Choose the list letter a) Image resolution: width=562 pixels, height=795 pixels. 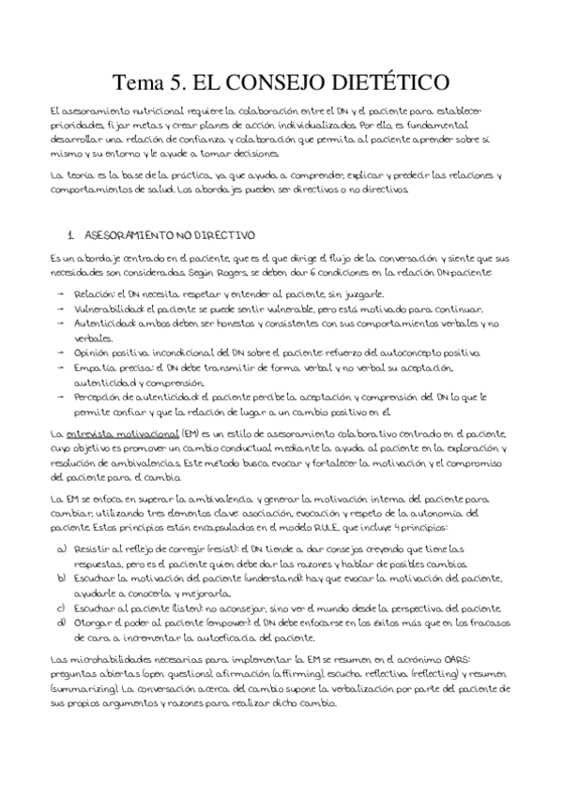(62, 546)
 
